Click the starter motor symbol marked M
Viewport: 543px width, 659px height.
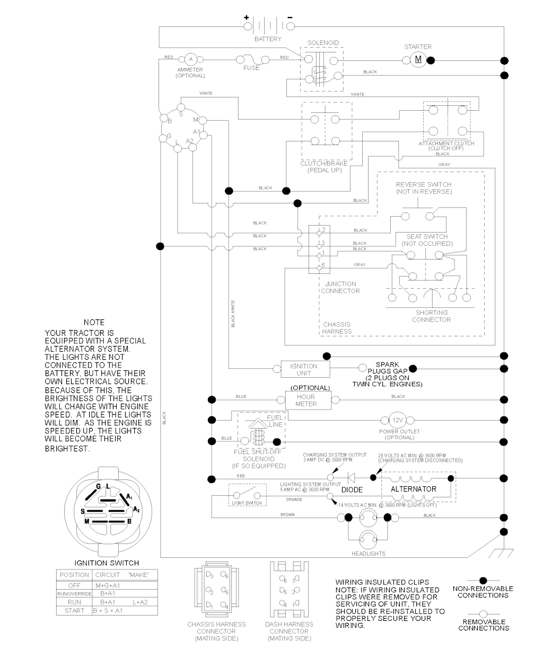point(418,59)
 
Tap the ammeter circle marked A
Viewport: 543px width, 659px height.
point(190,59)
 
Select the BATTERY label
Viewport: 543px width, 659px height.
point(268,39)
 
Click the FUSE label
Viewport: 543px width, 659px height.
point(251,68)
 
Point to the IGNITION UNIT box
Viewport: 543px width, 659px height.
point(304,369)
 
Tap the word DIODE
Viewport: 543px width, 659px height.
point(352,490)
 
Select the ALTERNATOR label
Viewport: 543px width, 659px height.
point(414,489)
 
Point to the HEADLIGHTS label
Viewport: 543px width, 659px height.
point(369,554)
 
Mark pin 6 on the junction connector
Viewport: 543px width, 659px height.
point(322,265)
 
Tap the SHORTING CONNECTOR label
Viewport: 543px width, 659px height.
point(431,316)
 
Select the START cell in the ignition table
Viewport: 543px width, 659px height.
point(74,610)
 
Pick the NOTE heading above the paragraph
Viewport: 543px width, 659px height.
point(94,322)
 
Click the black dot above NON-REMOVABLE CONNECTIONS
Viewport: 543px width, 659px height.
point(483,581)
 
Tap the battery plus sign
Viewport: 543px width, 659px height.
point(246,17)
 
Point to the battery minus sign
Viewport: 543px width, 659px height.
point(290,17)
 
